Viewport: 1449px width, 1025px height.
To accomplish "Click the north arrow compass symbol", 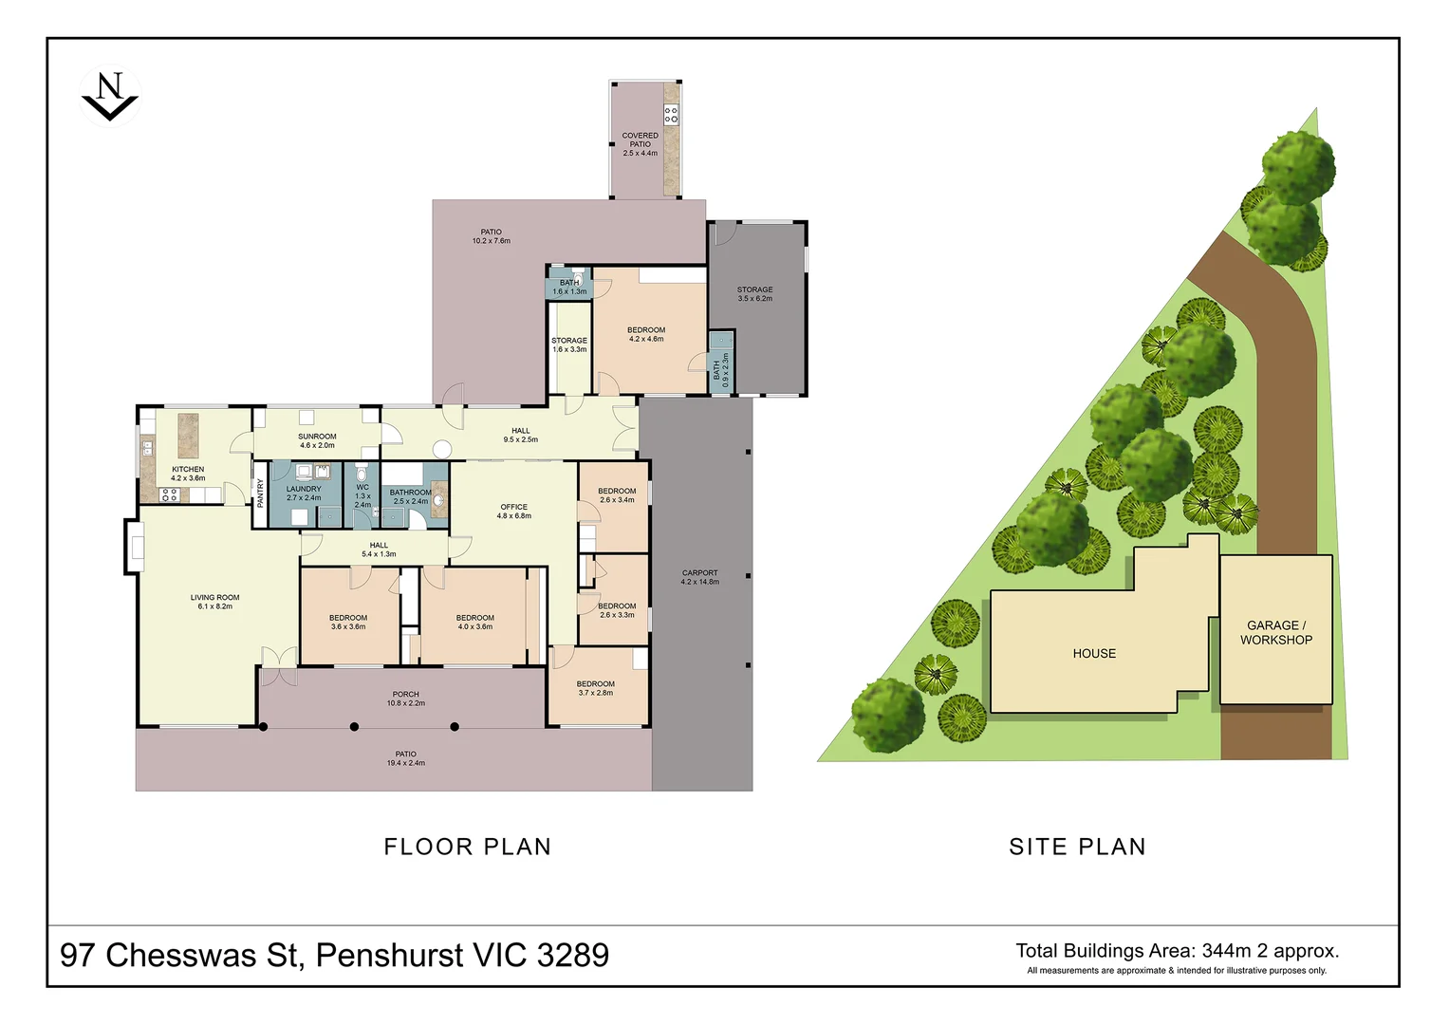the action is tap(110, 97).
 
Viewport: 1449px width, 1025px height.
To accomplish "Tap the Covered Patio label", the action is tap(641, 144).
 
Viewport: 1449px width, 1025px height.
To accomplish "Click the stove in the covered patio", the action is tap(672, 115).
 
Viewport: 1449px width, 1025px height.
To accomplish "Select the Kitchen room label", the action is tap(188, 474).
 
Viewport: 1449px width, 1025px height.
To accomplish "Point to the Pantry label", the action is tap(261, 494).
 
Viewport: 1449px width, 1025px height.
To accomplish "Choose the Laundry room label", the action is tap(304, 494).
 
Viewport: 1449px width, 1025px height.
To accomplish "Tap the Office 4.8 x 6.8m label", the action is tap(513, 512).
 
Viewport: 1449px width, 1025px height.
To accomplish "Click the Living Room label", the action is tap(214, 602).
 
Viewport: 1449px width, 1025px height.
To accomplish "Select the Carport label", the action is tap(700, 577).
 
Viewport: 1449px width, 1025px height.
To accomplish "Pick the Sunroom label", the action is tap(317, 440).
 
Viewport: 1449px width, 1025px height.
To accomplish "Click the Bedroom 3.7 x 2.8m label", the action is tap(595, 688).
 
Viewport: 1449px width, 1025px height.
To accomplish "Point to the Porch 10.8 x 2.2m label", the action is tap(405, 699).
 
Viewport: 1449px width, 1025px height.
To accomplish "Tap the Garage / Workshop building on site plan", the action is tap(1276, 629).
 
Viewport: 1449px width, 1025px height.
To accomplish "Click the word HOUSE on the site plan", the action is tap(1094, 654).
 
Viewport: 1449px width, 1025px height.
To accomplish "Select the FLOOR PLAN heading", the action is tap(467, 847).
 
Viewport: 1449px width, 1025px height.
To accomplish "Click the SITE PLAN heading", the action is tap(1077, 847).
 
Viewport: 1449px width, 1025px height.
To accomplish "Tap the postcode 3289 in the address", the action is tap(572, 955).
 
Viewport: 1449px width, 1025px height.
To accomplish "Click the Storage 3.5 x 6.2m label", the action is tap(755, 294).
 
